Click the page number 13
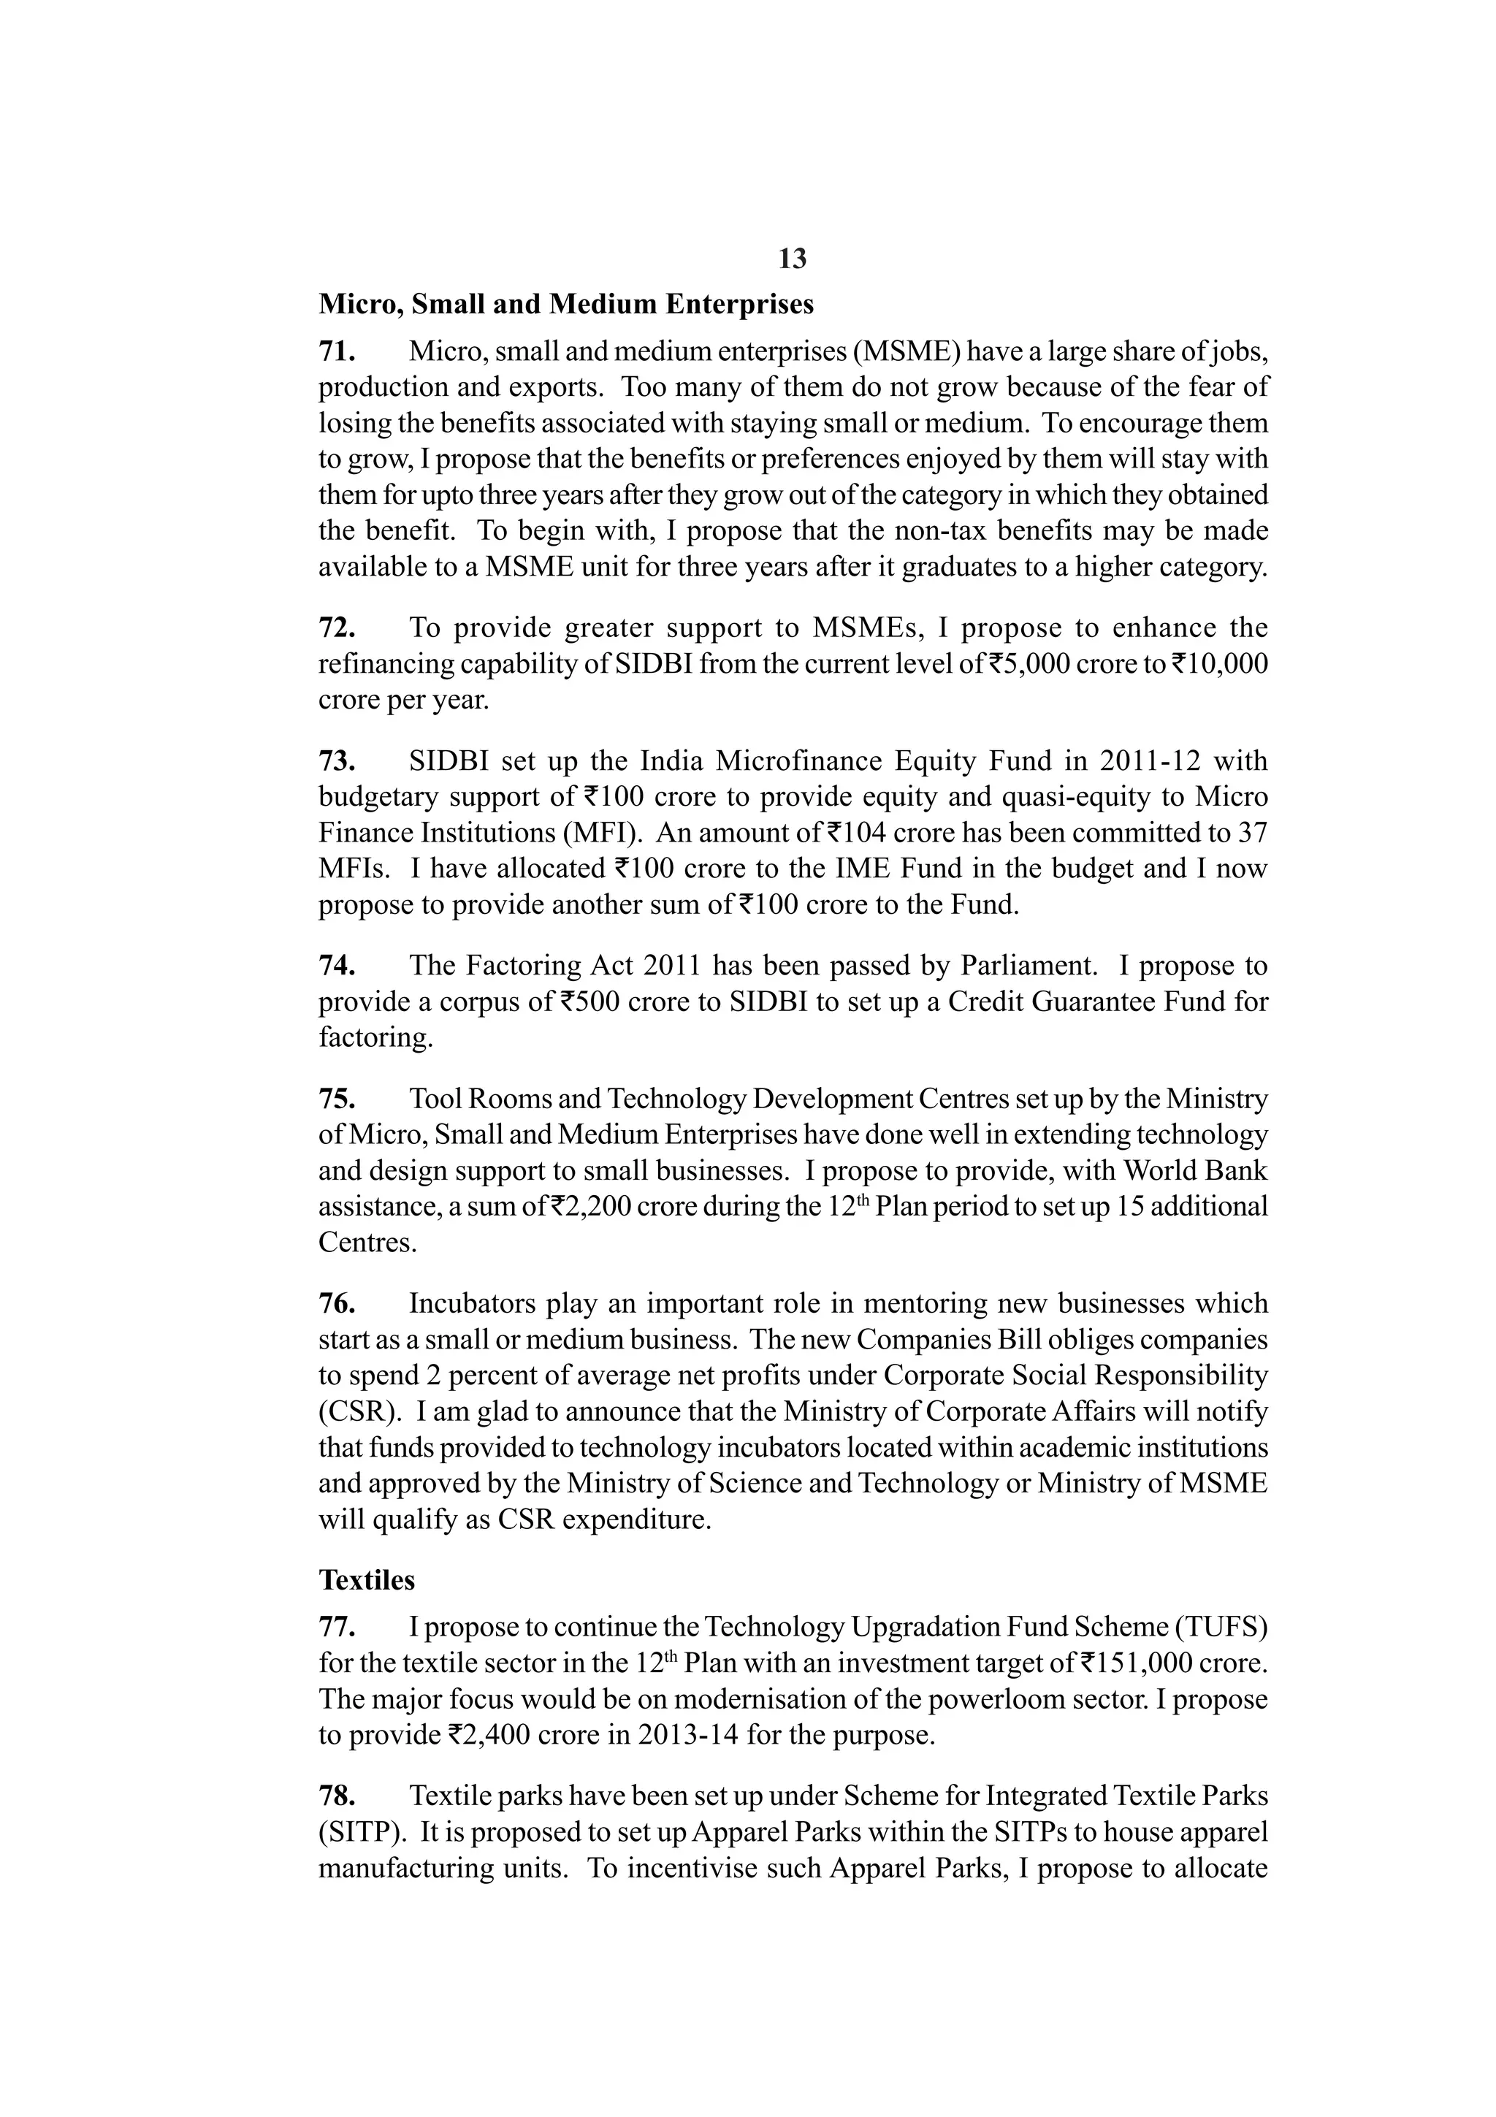pos(792,259)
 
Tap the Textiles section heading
pos(367,1580)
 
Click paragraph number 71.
pos(337,351)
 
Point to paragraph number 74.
pos(337,966)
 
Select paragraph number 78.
pos(337,1796)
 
